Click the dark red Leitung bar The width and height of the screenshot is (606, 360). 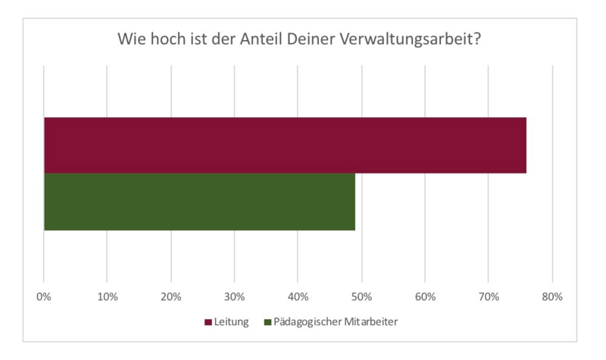(x=285, y=146)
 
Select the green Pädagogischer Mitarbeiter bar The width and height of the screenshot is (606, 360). (x=199, y=202)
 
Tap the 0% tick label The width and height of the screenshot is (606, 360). (x=44, y=297)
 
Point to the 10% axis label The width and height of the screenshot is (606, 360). (x=108, y=297)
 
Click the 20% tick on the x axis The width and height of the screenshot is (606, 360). (x=171, y=297)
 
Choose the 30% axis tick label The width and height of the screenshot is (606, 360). (x=235, y=297)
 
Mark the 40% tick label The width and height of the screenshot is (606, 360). (x=298, y=297)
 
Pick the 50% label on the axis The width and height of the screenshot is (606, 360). (x=362, y=297)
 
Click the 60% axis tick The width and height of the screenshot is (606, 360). (x=426, y=297)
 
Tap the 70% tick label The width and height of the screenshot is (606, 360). (x=489, y=297)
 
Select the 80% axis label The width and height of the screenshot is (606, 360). (x=553, y=297)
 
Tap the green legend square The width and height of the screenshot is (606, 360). (x=267, y=322)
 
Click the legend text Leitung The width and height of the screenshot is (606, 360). (x=231, y=322)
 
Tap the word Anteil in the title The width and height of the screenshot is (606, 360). (x=267, y=39)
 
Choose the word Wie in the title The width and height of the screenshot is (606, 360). (x=130, y=39)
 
